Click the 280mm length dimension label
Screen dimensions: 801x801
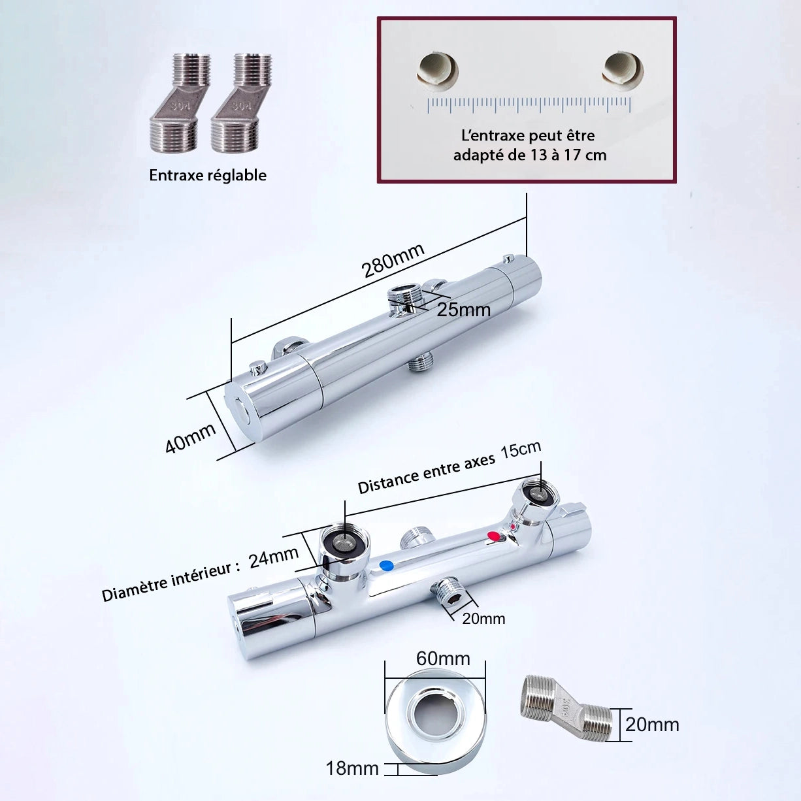(393, 260)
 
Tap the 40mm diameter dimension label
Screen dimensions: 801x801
(190, 438)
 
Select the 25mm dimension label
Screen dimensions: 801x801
(463, 310)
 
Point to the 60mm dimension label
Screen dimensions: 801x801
(443, 659)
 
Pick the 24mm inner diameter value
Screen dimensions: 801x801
(274, 557)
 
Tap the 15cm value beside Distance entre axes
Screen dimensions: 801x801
(521, 450)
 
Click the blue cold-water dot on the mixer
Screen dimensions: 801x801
(387, 565)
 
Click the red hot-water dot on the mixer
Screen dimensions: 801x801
(493, 536)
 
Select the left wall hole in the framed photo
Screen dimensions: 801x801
(437, 71)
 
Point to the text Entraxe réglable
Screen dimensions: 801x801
(208, 175)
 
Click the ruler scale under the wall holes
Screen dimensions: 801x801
(529, 105)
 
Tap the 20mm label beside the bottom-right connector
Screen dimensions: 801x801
(652, 725)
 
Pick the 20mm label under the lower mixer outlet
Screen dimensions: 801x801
(483, 619)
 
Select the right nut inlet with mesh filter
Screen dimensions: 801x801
(536, 497)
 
